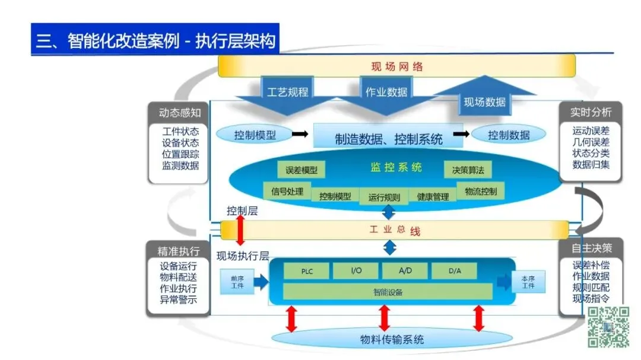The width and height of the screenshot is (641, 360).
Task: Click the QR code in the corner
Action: [608, 327]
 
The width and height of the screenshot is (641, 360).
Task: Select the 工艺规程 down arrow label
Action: [287, 92]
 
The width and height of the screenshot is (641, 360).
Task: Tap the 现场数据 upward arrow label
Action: [484, 102]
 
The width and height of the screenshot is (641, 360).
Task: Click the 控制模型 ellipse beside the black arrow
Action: [255, 135]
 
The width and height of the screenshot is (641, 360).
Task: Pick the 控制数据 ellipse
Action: [509, 135]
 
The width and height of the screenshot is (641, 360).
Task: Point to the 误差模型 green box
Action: [302, 170]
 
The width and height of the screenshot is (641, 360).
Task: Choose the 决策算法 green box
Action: [468, 170]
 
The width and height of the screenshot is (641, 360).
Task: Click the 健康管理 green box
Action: [433, 196]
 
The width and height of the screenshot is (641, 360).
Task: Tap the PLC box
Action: [307, 271]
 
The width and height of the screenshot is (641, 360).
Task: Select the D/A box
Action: [454, 270]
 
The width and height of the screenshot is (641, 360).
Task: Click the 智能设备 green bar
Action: [388, 292]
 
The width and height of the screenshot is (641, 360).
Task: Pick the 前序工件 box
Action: [237, 282]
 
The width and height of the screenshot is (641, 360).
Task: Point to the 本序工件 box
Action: [528, 282]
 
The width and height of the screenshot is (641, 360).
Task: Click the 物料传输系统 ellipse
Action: [392, 339]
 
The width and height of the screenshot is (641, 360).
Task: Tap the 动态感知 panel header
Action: [179, 112]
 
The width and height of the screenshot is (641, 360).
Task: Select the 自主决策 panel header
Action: [591, 248]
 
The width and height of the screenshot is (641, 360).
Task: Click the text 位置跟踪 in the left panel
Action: [180, 154]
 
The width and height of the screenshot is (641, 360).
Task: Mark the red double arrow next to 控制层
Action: [240, 230]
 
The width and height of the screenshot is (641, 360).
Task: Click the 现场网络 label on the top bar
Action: [397, 66]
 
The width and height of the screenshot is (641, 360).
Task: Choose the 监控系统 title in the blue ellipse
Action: [396, 167]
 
